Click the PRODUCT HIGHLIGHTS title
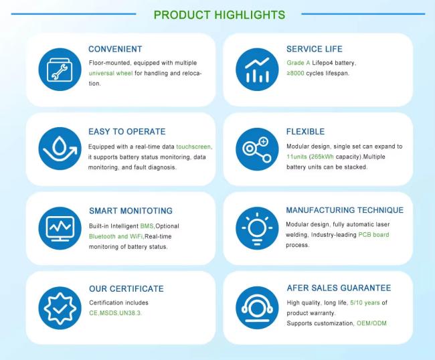click(219, 15)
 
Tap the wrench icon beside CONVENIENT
click(60, 70)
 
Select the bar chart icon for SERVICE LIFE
click(257, 70)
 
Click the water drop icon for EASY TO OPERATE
click(60, 149)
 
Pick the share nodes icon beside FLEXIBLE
click(257, 149)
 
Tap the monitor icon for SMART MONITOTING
click(60, 228)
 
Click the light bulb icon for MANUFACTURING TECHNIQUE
click(257, 228)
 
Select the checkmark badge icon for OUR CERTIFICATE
click(60, 308)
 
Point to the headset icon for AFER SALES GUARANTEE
click(257, 308)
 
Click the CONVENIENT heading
click(115, 49)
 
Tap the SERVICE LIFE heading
click(315, 49)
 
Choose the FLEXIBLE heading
click(305, 131)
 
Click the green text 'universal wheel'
click(110, 73)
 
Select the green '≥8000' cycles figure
click(295, 73)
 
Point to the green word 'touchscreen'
click(194, 147)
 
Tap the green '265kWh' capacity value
click(323, 157)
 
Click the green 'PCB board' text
click(373, 235)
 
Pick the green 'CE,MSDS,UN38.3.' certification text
click(115, 313)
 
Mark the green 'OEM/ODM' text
click(371, 323)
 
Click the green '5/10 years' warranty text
click(365, 302)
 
